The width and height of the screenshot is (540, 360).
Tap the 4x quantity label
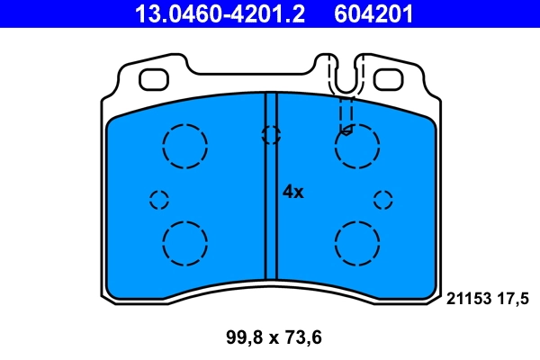pos(293,192)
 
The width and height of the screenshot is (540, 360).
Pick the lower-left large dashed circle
pos(185,242)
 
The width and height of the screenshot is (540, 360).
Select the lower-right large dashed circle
pos(356,242)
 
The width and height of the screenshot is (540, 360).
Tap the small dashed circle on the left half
pos(159,200)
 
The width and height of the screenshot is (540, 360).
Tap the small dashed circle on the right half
pos(383,200)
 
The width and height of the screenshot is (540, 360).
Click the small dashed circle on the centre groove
pos(270,135)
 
